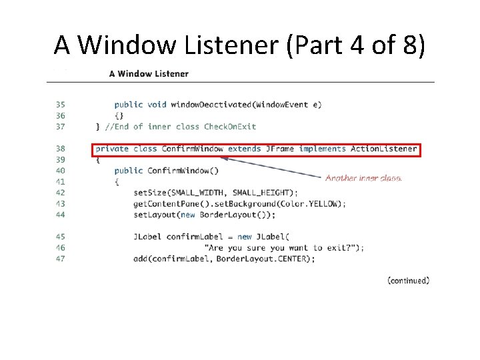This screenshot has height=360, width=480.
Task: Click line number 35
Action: click(60, 105)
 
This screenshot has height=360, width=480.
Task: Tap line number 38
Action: click(60, 149)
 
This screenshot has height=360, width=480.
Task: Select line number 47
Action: click(60, 259)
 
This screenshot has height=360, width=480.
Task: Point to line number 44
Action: click(60, 215)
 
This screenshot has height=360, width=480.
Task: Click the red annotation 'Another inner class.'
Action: click(363, 178)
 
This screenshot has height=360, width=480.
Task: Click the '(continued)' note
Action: click(408, 281)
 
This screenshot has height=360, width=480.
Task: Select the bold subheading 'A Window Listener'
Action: click(149, 73)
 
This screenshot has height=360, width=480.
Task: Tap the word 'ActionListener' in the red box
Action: click(384, 149)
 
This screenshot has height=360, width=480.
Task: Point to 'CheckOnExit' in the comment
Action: click(230, 127)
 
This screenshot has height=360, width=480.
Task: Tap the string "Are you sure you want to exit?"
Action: click(285, 247)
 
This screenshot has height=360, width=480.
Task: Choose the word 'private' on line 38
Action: click(112, 149)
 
